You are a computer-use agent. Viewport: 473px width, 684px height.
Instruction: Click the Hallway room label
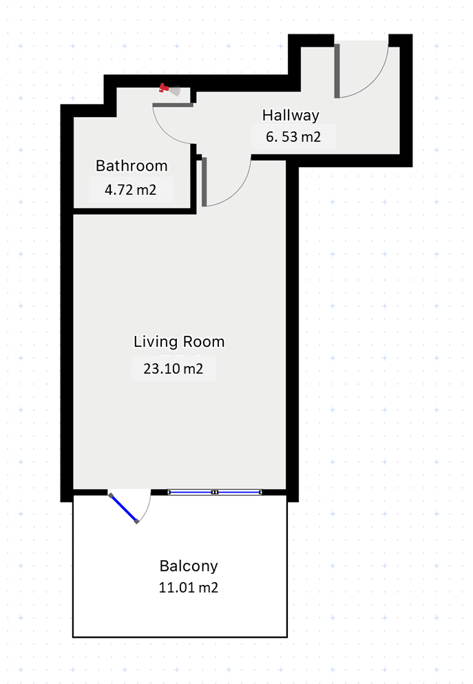(291, 115)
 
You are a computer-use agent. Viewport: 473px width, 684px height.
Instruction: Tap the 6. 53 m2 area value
(293, 136)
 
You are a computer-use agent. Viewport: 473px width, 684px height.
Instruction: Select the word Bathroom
(132, 166)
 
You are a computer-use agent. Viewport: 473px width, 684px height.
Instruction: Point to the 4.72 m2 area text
(130, 190)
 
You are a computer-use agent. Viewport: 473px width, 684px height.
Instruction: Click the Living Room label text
(179, 341)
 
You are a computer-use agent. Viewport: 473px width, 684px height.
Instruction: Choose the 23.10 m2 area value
(174, 369)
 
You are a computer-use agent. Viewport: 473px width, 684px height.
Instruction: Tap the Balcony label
(189, 566)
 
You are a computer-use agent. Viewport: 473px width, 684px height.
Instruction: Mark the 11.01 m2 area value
(189, 588)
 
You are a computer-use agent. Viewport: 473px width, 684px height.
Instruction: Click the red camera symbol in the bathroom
(164, 88)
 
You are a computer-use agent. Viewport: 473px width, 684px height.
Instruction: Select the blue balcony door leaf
(123, 509)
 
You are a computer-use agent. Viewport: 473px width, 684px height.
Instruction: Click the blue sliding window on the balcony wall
(215, 492)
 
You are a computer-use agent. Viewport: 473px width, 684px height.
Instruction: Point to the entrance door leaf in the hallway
(337, 71)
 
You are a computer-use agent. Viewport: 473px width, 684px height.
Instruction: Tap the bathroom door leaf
(173, 105)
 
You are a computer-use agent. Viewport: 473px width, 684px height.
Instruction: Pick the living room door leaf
(204, 182)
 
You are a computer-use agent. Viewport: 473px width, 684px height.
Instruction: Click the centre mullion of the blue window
(215, 492)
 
